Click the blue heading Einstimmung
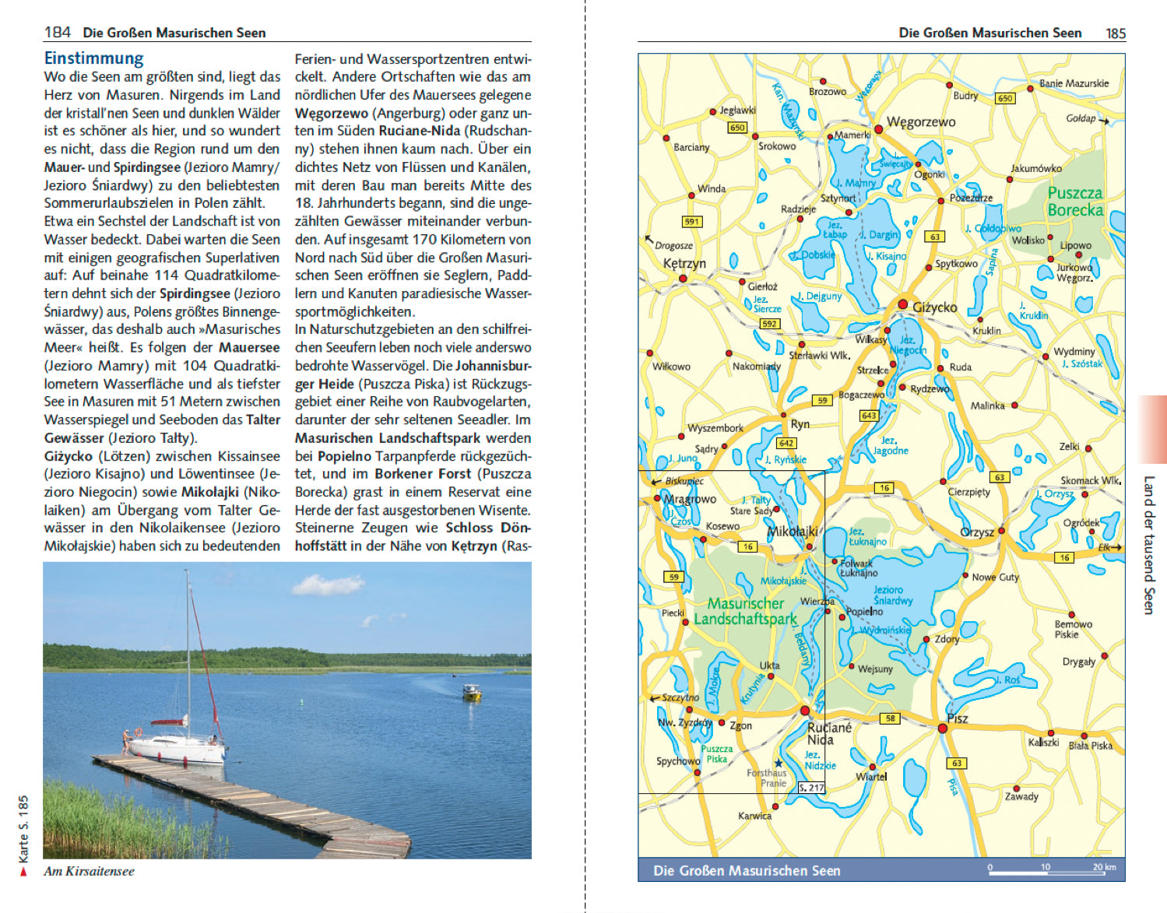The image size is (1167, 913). coord(93,58)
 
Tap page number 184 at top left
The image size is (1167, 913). coord(58,32)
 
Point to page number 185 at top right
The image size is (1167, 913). coord(1116,33)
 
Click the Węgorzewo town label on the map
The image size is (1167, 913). coord(921,122)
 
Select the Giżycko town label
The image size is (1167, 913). coord(934,307)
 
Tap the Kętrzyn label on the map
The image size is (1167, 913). coord(684,263)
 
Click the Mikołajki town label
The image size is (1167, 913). coord(792,532)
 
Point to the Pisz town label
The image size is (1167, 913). coord(958,718)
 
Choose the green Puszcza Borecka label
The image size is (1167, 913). coord(1075,201)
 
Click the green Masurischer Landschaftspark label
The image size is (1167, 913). coord(745,611)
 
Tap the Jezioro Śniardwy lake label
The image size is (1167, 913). coord(892,595)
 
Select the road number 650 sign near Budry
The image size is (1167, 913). coord(1005,98)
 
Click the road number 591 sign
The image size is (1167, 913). coord(691,221)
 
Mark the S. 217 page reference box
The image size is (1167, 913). coord(811,788)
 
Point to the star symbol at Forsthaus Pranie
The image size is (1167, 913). coord(778,763)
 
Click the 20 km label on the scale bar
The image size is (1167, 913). coord(1104,866)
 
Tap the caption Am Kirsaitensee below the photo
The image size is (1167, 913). coord(89,871)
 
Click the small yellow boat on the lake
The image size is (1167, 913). coord(472,692)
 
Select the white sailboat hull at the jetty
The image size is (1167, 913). coord(176,750)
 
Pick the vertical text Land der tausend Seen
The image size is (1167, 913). coord(1148,545)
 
